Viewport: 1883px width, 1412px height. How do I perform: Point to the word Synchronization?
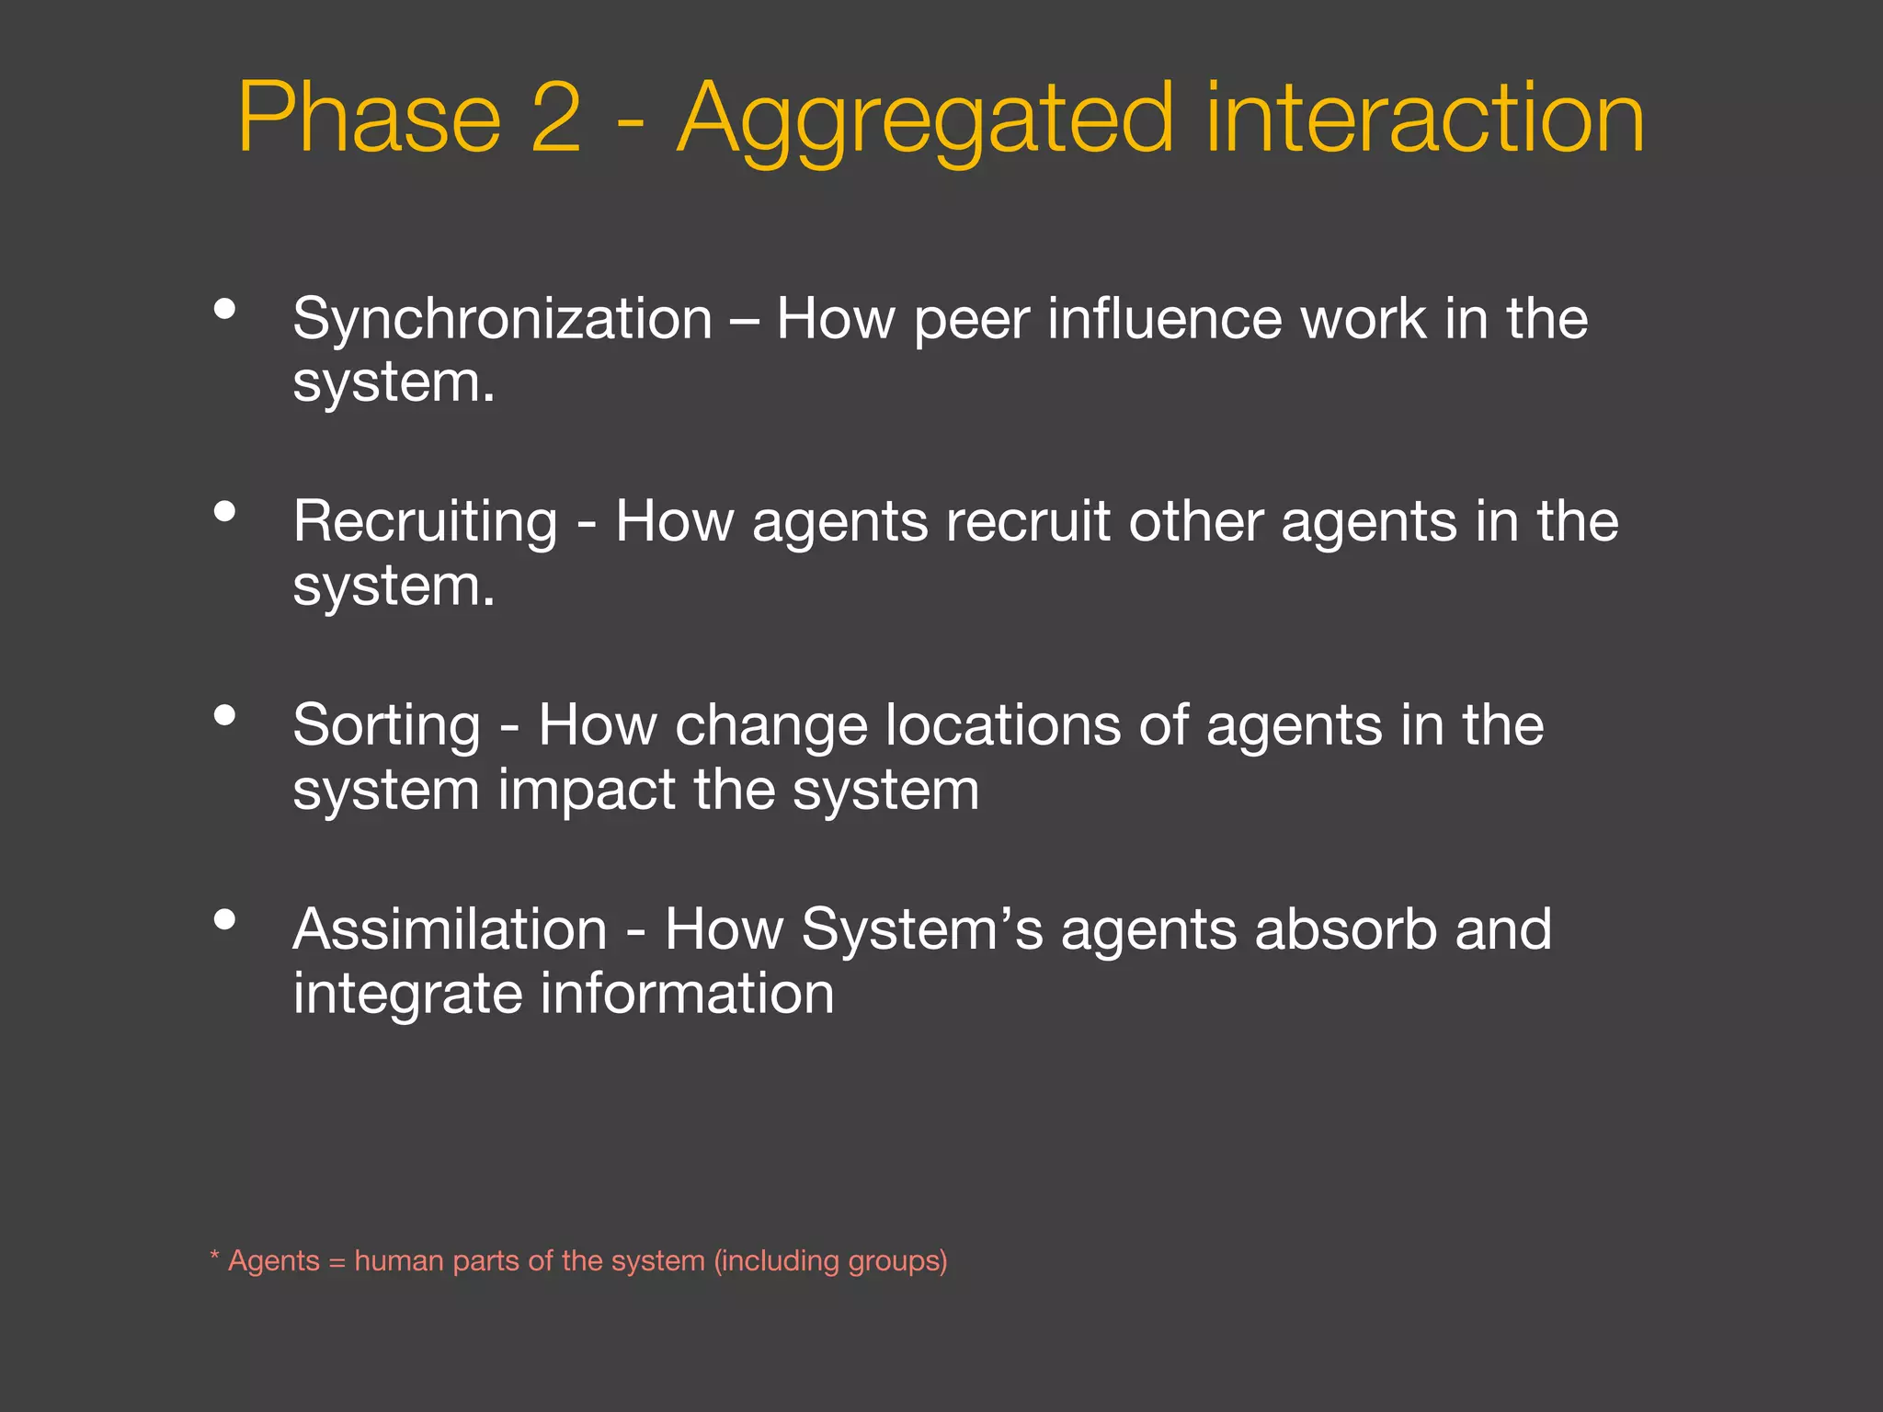[x=503, y=320]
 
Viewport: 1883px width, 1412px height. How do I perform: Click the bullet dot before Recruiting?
[x=224, y=511]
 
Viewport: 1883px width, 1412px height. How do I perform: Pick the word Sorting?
[x=387, y=727]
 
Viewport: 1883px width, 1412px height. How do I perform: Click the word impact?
[x=587, y=791]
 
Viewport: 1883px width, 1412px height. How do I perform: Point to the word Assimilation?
[x=451, y=929]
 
